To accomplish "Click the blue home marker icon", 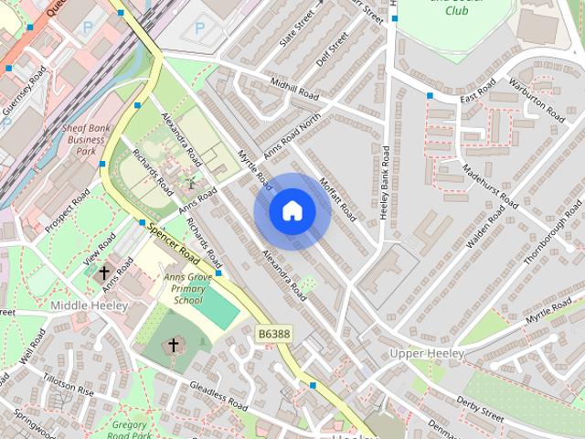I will tap(292, 211).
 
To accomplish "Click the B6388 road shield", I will tap(273, 335).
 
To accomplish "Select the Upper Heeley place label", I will tap(427, 353).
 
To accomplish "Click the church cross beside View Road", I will tap(104, 272).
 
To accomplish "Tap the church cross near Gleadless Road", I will tap(173, 345).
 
